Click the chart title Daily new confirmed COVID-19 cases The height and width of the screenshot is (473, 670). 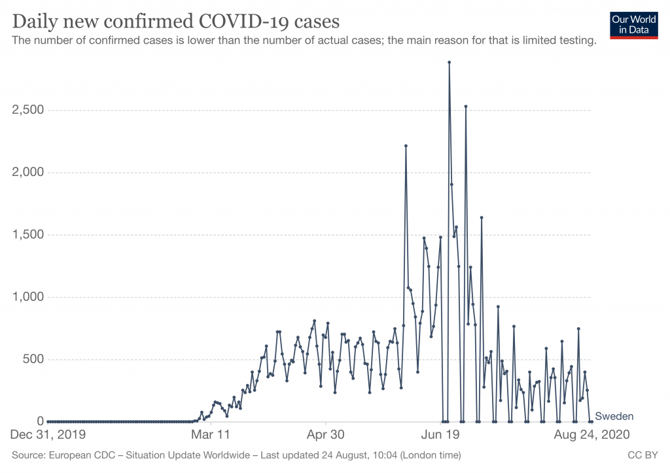(x=176, y=22)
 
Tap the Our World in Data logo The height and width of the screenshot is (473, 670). (x=633, y=24)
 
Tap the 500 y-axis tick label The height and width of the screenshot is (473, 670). (x=31, y=359)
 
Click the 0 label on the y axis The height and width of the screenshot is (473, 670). (x=40, y=421)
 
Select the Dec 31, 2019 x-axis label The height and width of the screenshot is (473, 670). (x=48, y=434)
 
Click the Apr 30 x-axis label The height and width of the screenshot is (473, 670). (x=326, y=434)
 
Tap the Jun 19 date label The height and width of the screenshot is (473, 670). (x=440, y=434)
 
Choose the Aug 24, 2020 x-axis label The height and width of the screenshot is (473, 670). (x=592, y=434)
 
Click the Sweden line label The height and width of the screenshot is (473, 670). (x=614, y=417)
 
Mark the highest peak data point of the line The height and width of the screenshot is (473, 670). (x=449, y=63)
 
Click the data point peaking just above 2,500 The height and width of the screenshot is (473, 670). (x=466, y=106)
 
